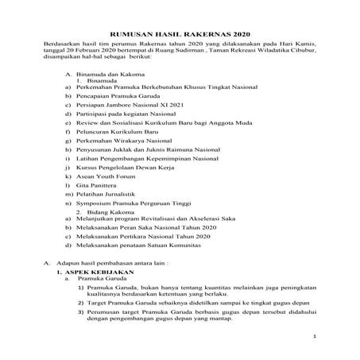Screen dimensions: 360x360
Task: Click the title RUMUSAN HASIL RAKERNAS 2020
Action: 180,36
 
